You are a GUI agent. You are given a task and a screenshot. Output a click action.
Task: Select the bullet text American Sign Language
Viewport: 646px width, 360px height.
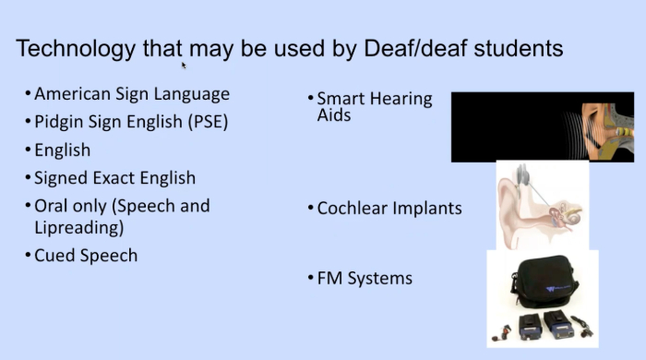[x=132, y=94]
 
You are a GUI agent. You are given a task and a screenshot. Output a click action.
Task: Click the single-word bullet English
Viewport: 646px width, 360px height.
[x=62, y=150]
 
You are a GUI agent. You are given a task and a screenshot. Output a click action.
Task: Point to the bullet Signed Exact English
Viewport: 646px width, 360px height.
[x=114, y=177]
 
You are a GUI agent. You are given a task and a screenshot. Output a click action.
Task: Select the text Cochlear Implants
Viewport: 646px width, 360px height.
[x=389, y=209]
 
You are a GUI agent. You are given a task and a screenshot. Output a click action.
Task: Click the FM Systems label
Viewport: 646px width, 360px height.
[x=365, y=277]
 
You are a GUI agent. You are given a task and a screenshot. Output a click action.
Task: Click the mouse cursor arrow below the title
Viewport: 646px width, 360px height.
[x=184, y=65]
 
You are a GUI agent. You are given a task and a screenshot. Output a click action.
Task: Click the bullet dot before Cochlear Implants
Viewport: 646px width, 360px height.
[x=310, y=209]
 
